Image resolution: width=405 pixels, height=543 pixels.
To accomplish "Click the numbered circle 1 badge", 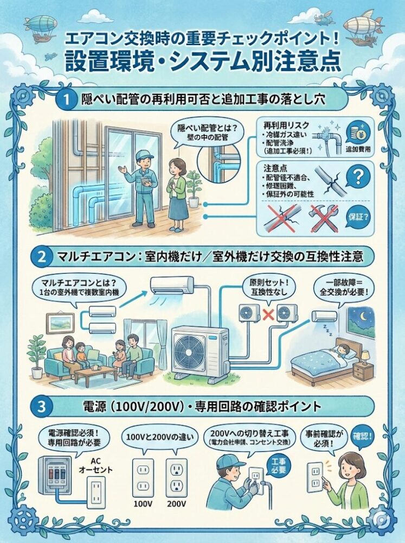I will click(67, 100).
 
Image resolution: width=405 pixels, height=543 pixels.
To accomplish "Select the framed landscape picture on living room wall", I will click(60, 323).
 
